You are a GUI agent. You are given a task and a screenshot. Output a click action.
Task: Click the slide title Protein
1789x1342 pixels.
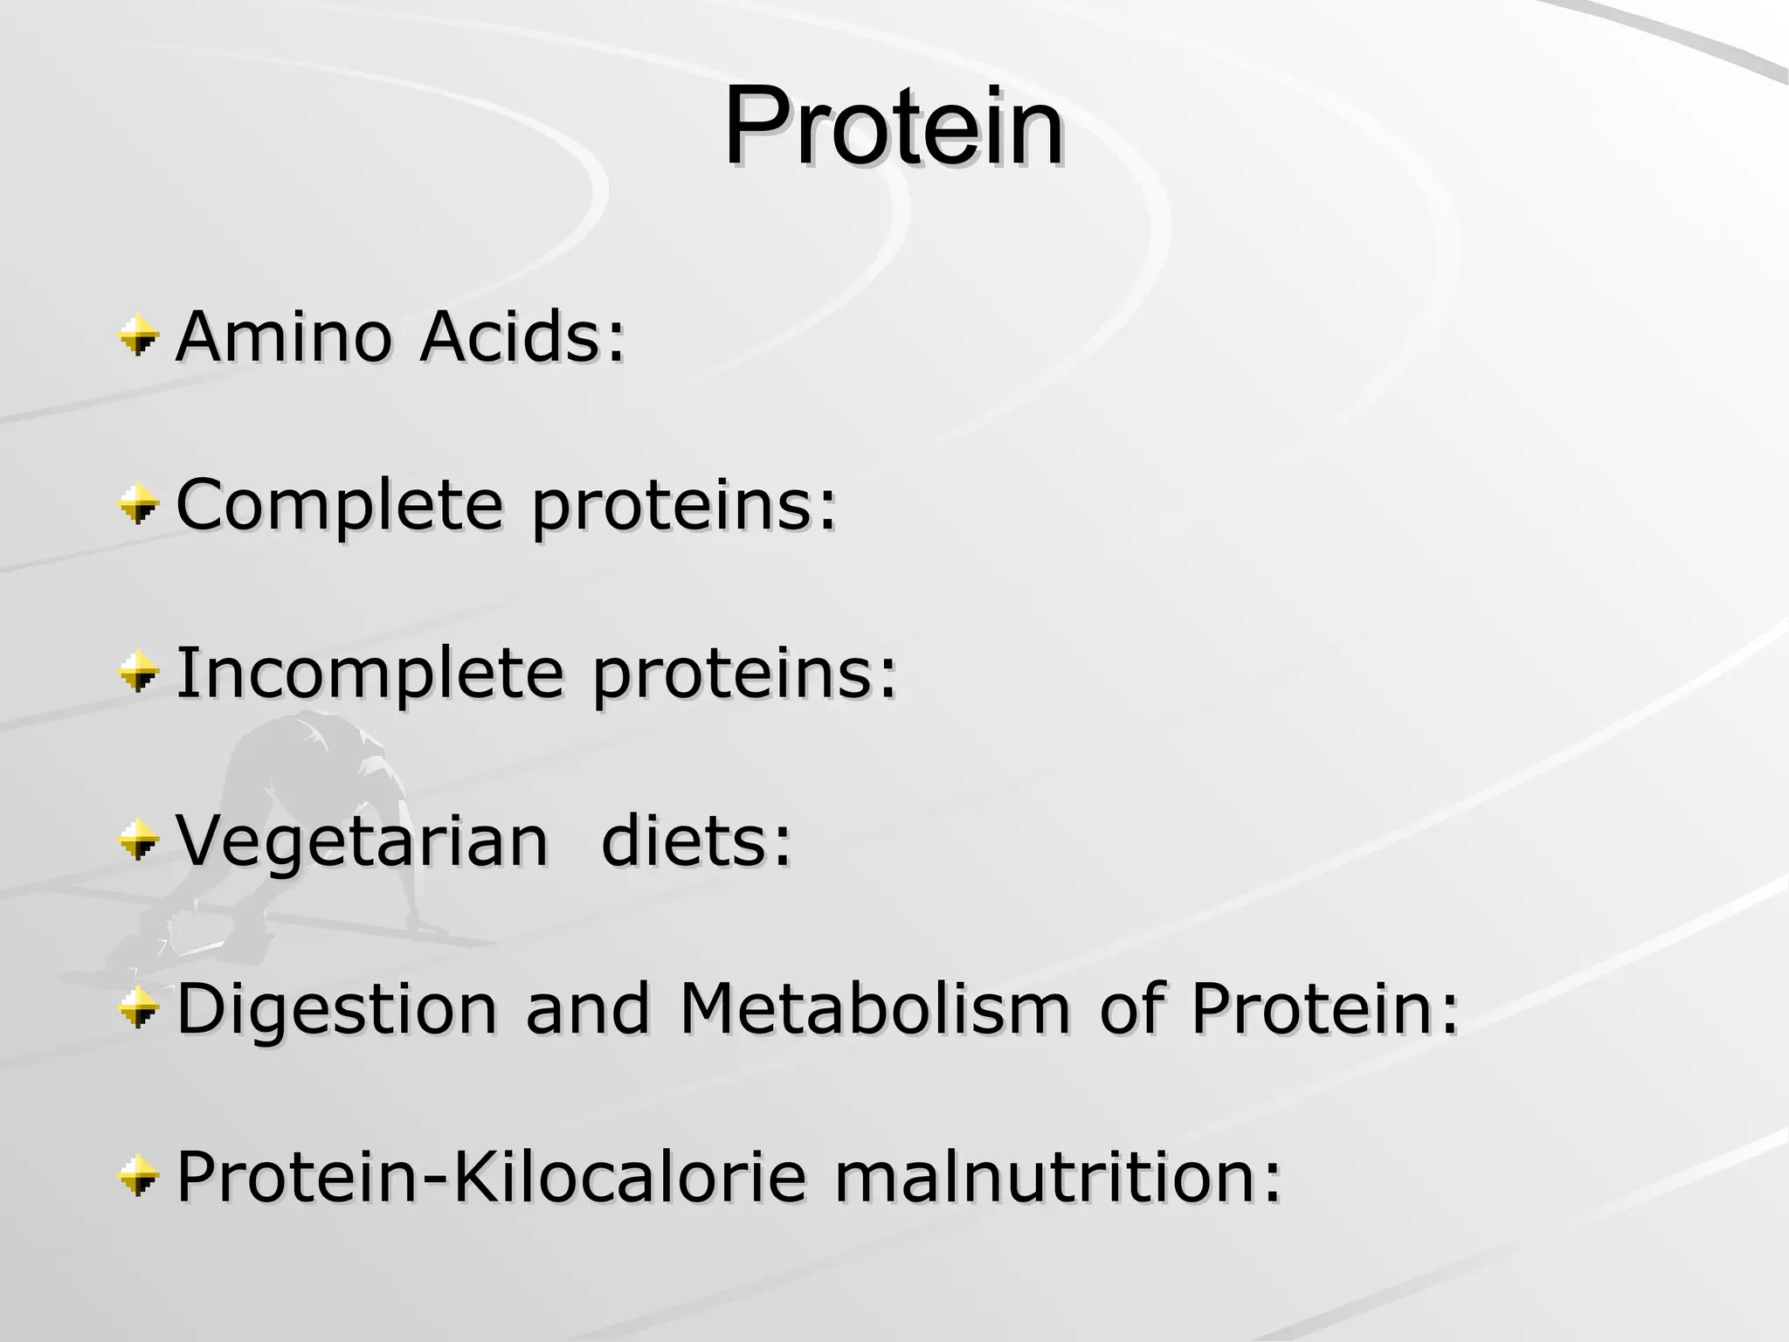click(894, 127)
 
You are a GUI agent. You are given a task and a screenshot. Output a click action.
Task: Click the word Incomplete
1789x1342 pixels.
click(370, 674)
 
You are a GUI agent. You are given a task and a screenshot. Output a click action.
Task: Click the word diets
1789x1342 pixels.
click(696, 841)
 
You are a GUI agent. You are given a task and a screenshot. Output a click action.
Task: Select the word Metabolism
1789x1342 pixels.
click(874, 1009)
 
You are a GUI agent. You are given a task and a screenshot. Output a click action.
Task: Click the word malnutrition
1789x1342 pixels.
click(1058, 1177)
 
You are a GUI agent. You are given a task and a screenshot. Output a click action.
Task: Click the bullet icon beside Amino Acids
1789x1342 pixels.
click(139, 336)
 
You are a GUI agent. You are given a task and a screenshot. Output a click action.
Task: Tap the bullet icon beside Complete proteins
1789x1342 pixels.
click(139, 505)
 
